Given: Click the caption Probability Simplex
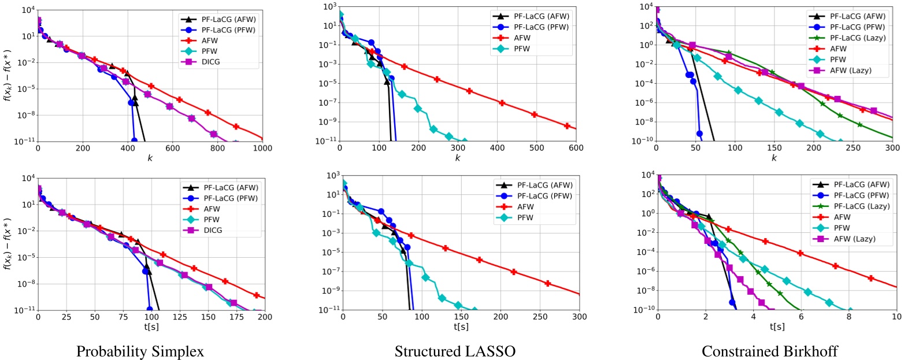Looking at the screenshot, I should tap(140, 351).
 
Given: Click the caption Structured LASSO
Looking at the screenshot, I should tap(454, 351).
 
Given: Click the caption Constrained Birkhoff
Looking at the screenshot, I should tap(769, 351).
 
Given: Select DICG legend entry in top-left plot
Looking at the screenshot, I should tap(210, 62).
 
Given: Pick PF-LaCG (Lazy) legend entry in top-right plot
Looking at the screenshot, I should tap(857, 38).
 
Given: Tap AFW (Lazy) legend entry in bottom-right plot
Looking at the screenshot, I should tap(854, 239).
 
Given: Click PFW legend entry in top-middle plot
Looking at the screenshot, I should tap(521, 49).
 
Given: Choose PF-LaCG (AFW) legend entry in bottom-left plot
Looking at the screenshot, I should tap(230, 188).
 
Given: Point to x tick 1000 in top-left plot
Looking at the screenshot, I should tap(262, 149).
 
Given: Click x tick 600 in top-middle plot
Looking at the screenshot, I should tap(576, 148).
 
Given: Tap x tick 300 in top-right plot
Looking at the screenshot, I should tap(892, 148).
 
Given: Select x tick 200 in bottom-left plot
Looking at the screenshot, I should tap(265, 317).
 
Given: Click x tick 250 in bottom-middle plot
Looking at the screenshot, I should tap(540, 317).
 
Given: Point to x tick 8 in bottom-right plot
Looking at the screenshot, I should tap(849, 317).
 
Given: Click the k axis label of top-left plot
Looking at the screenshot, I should tap(150, 158).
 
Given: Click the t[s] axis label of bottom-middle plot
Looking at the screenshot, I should tap(461, 327).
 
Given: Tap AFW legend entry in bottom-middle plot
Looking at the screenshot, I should tap(525, 207).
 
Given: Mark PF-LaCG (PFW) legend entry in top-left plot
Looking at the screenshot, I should tap(228, 30).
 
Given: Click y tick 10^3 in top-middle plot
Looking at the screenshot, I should tap(330, 7).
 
